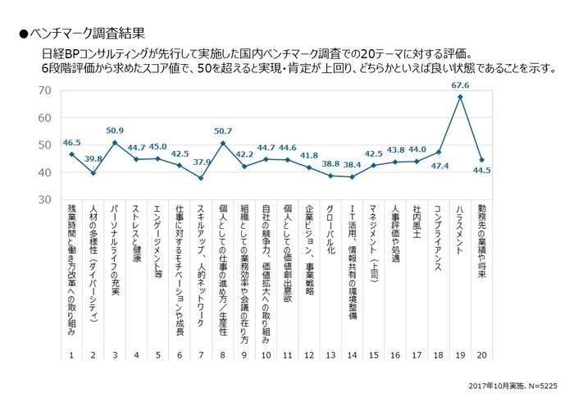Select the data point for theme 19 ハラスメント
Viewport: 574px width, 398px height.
tap(460, 97)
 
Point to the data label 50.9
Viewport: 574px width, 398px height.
tap(114, 130)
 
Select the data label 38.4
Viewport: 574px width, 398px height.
tap(352, 164)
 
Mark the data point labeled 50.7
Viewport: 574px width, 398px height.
tap(222, 144)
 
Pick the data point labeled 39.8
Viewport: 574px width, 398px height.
tap(93, 173)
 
